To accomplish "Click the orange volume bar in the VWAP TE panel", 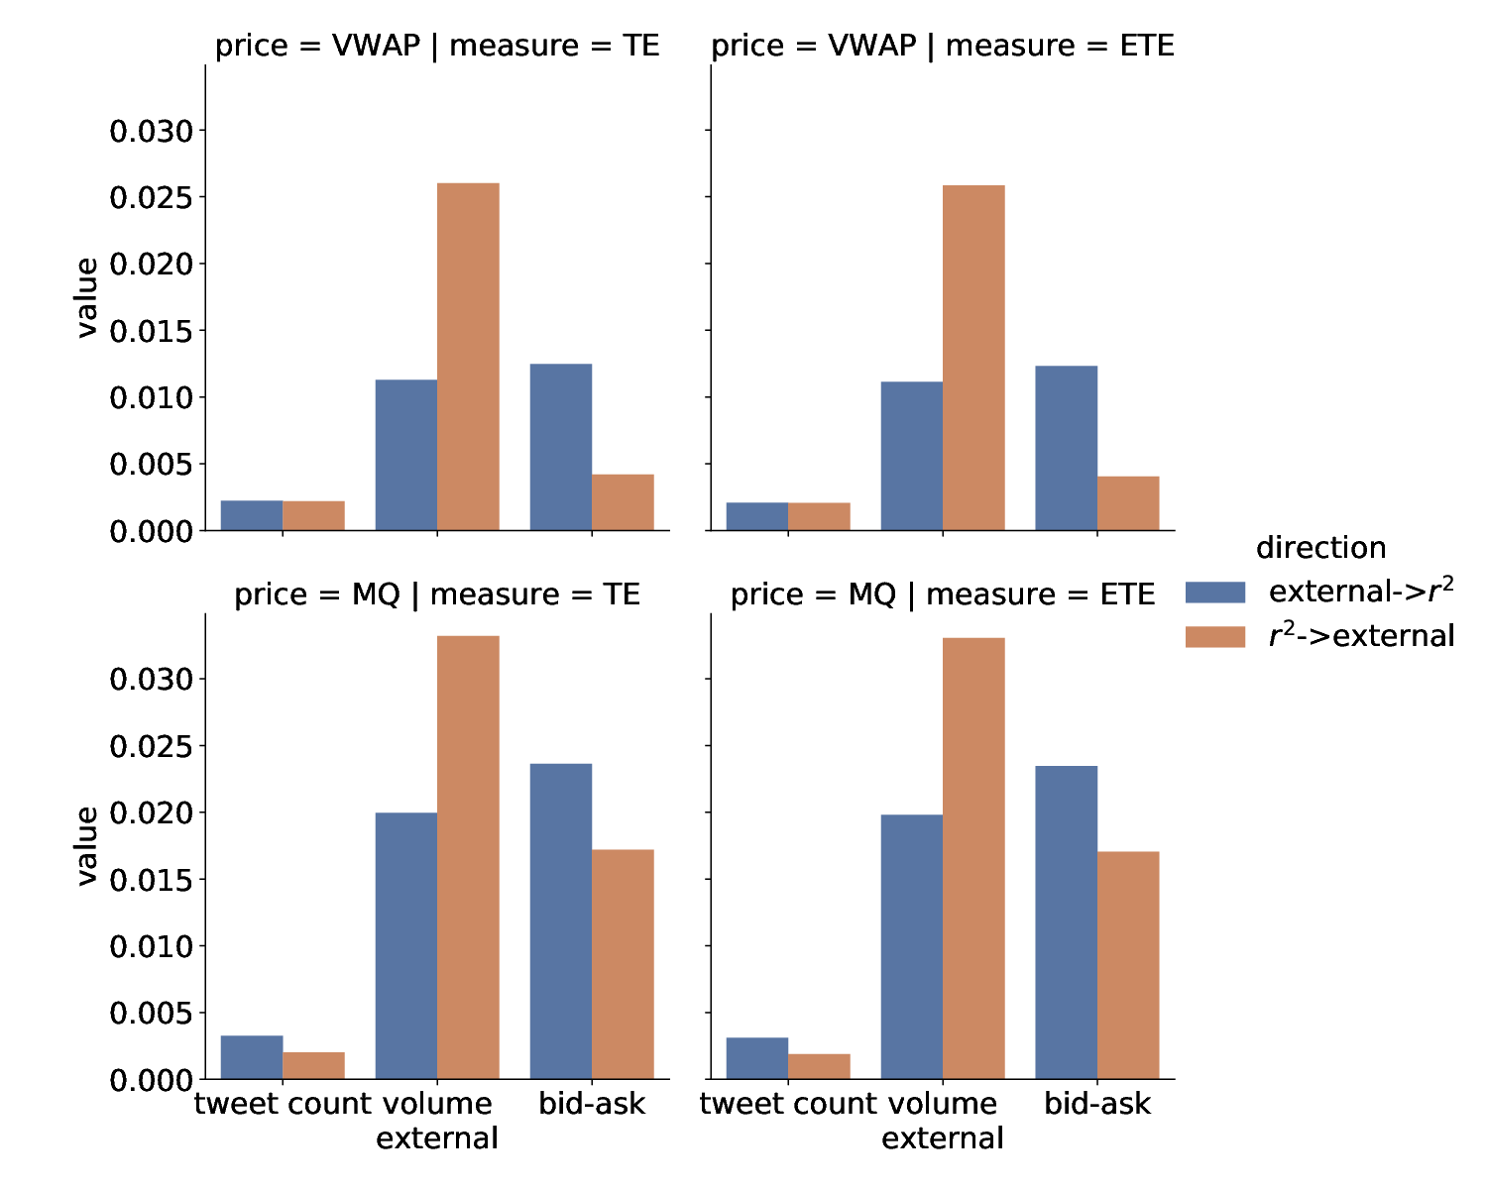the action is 468,357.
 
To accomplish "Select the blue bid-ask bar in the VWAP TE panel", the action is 560,447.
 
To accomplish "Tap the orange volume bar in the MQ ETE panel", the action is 972,858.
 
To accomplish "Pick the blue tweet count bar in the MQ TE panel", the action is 251,1056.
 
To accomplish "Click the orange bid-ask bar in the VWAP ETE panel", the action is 1127,503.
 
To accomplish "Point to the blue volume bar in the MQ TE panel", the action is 405,945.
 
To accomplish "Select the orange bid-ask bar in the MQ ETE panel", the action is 1127,965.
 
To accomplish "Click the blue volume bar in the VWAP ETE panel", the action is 912,456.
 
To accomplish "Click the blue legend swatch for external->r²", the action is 1215,592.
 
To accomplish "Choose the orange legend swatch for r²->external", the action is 1215,636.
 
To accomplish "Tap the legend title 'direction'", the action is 1320,548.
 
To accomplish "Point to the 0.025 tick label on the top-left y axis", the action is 151,198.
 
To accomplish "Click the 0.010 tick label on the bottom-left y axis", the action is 151,947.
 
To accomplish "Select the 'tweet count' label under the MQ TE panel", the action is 282,1104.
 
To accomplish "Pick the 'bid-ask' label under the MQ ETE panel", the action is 1097,1104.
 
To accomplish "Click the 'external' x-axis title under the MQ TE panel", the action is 437,1138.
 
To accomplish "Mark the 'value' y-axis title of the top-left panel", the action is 86,298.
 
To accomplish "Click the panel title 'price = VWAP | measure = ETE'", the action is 943,47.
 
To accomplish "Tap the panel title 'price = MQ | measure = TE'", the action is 437,595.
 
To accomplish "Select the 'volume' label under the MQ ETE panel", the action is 943,1104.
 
